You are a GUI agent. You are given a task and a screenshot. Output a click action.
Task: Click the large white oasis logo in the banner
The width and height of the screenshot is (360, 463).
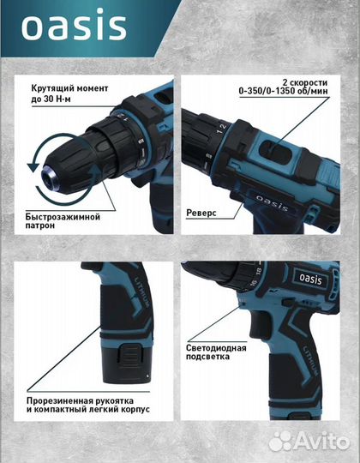coord(74,25)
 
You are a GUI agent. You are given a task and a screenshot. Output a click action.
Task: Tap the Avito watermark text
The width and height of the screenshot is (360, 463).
coord(309,441)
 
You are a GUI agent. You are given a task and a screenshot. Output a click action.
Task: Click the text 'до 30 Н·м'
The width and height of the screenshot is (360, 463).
coord(51,99)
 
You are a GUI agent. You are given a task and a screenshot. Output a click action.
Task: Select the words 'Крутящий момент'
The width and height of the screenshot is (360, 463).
coord(69,88)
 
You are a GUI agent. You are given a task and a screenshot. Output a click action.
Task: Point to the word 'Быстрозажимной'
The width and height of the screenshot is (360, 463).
coord(63,217)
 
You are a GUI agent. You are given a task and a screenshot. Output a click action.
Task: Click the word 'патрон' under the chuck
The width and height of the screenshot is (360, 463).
coord(40,225)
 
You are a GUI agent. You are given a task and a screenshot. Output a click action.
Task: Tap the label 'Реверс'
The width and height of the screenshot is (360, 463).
coord(201,213)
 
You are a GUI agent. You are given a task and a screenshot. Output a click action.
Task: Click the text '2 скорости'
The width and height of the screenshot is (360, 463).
coord(305,82)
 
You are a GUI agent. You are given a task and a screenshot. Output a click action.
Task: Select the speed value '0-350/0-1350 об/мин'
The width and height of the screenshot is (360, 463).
coord(283,91)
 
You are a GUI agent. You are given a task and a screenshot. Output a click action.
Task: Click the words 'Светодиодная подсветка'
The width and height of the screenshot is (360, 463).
coord(216,352)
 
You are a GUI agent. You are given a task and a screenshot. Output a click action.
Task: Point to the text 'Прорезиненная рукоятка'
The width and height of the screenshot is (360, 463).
coord(80,401)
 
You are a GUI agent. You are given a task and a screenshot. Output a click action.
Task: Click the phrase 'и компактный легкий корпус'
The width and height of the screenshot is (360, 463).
coord(88,410)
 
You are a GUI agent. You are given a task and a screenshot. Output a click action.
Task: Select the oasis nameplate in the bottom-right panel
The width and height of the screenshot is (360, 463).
coord(311,279)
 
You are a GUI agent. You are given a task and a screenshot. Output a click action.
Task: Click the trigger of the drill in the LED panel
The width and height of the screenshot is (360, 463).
coord(261,324)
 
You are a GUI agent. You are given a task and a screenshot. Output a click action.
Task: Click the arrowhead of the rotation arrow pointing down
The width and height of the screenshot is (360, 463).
coord(33,166)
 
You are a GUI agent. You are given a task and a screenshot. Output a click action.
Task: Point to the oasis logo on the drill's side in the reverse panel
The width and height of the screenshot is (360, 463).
coord(272,202)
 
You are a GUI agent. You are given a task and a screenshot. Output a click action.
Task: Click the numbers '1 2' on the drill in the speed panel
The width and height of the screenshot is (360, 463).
coord(221,129)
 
